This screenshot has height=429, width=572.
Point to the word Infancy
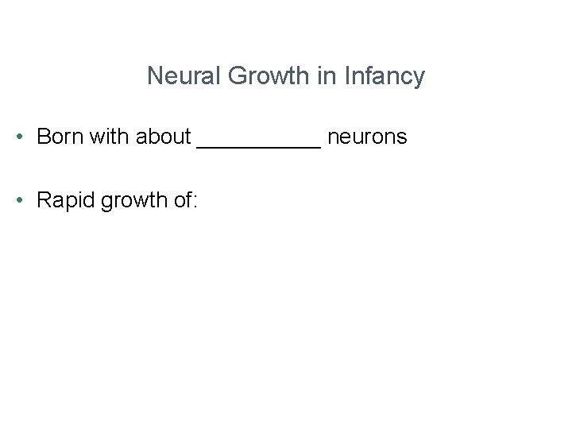tap(385, 77)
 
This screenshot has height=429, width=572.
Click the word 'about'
tap(164, 137)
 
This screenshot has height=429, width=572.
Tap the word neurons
tap(367, 137)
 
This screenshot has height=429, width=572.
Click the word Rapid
tap(66, 201)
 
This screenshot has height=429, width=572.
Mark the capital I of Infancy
tap(349, 76)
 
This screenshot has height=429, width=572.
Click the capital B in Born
tap(44, 137)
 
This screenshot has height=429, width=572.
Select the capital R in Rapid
tap(44, 200)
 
